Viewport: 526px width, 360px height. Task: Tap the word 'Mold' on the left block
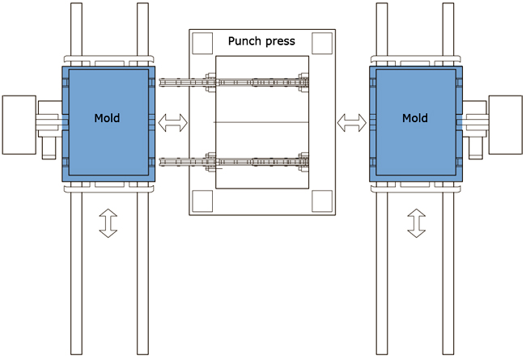(106, 118)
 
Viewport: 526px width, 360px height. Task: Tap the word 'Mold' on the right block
(415, 118)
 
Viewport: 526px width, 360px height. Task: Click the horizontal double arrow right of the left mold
(172, 123)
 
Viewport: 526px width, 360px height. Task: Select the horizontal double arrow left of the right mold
(351, 123)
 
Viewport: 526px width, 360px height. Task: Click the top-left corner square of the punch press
(201, 41)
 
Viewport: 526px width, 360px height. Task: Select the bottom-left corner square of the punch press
(201, 200)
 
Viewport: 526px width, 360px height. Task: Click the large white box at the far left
(19, 125)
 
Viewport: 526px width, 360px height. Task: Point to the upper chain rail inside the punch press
(235, 82)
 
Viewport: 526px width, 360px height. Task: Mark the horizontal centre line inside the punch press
(261, 121)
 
